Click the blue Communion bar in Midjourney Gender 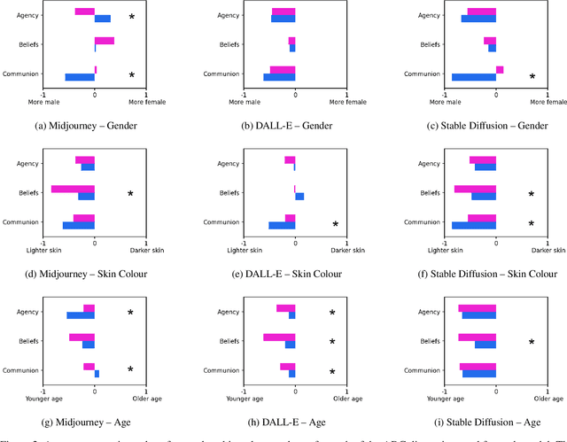(x=80, y=77)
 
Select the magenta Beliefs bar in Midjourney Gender (x=105, y=41)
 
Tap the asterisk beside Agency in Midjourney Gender (x=132, y=17)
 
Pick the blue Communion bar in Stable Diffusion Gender (x=474, y=77)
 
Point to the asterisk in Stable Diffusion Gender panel (x=532, y=77)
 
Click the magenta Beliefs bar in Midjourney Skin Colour (x=73, y=189)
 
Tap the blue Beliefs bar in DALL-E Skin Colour (x=299, y=197)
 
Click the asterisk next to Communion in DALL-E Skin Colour (x=335, y=225)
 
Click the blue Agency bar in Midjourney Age (x=81, y=314)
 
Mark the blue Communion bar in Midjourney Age (x=97, y=374)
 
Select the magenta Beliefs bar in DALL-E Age (x=279, y=337)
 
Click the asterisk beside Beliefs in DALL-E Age (x=332, y=342)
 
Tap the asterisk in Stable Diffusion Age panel (x=532, y=342)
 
